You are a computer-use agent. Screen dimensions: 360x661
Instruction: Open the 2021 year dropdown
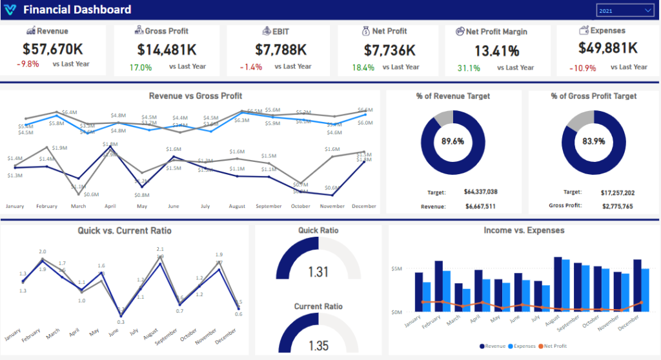pyautogui.click(x=625, y=10)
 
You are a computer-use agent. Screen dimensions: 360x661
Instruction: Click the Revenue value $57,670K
pyautogui.click(x=54, y=49)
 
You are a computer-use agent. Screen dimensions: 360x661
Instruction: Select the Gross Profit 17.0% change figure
pyautogui.click(x=140, y=67)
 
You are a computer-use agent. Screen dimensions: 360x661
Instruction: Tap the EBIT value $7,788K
pyautogui.click(x=281, y=49)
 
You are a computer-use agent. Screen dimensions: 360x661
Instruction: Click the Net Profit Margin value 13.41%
pyautogui.click(x=496, y=51)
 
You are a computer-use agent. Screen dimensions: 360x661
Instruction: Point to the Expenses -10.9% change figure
pyautogui.click(x=583, y=68)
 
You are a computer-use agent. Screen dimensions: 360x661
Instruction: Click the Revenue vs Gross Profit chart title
pyautogui.click(x=196, y=96)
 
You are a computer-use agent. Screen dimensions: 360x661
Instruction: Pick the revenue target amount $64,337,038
pyautogui.click(x=480, y=192)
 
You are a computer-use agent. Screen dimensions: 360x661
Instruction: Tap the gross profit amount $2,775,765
pyautogui.click(x=618, y=206)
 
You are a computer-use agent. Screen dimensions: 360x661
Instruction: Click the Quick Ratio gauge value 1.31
pyautogui.click(x=318, y=272)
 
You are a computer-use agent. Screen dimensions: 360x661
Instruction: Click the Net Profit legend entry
pyautogui.click(x=554, y=346)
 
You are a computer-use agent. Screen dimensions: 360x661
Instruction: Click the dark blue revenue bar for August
pyautogui.click(x=557, y=284)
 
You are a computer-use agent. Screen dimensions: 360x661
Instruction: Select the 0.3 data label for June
pyautogui.click(x=121, y=321)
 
